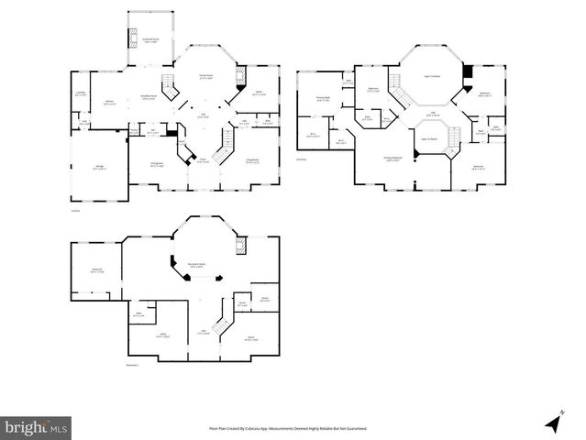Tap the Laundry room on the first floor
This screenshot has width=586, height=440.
click(x=80, y=93)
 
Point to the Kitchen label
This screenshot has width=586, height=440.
click(x=109, y=103)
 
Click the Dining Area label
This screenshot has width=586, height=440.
click(x=158, y=165)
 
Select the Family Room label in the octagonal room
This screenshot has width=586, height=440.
click(x=206, y=76)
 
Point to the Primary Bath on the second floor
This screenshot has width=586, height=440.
click(x=323, y=98)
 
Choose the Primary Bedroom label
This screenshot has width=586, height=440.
click(x=393, y=159)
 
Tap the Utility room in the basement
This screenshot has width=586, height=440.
click(x=163, y=335)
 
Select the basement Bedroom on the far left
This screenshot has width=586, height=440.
click(x=96, y=270)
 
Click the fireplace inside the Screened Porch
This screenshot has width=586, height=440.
click(x=133, y=39)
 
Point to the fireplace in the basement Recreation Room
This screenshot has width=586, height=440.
click(x=241, y=247)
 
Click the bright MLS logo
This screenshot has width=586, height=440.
click(x=37, y=427)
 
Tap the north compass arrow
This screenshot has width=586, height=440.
click(x=553, y=423)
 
